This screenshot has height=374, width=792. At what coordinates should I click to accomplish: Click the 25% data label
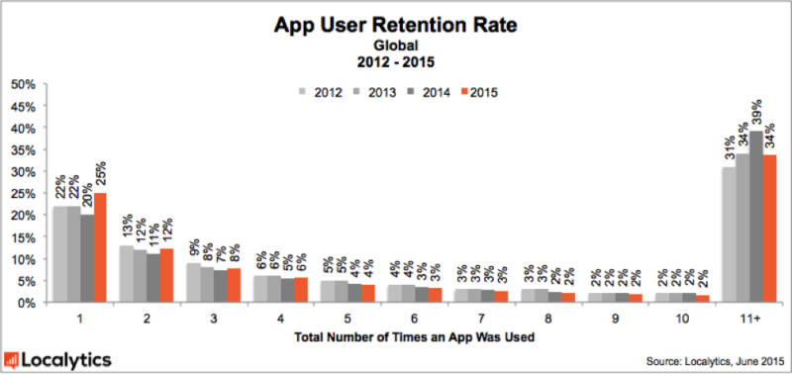click(99, 176)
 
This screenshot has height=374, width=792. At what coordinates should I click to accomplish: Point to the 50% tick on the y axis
click(24, 85)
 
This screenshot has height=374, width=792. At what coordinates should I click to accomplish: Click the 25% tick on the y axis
click(24, 194)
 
